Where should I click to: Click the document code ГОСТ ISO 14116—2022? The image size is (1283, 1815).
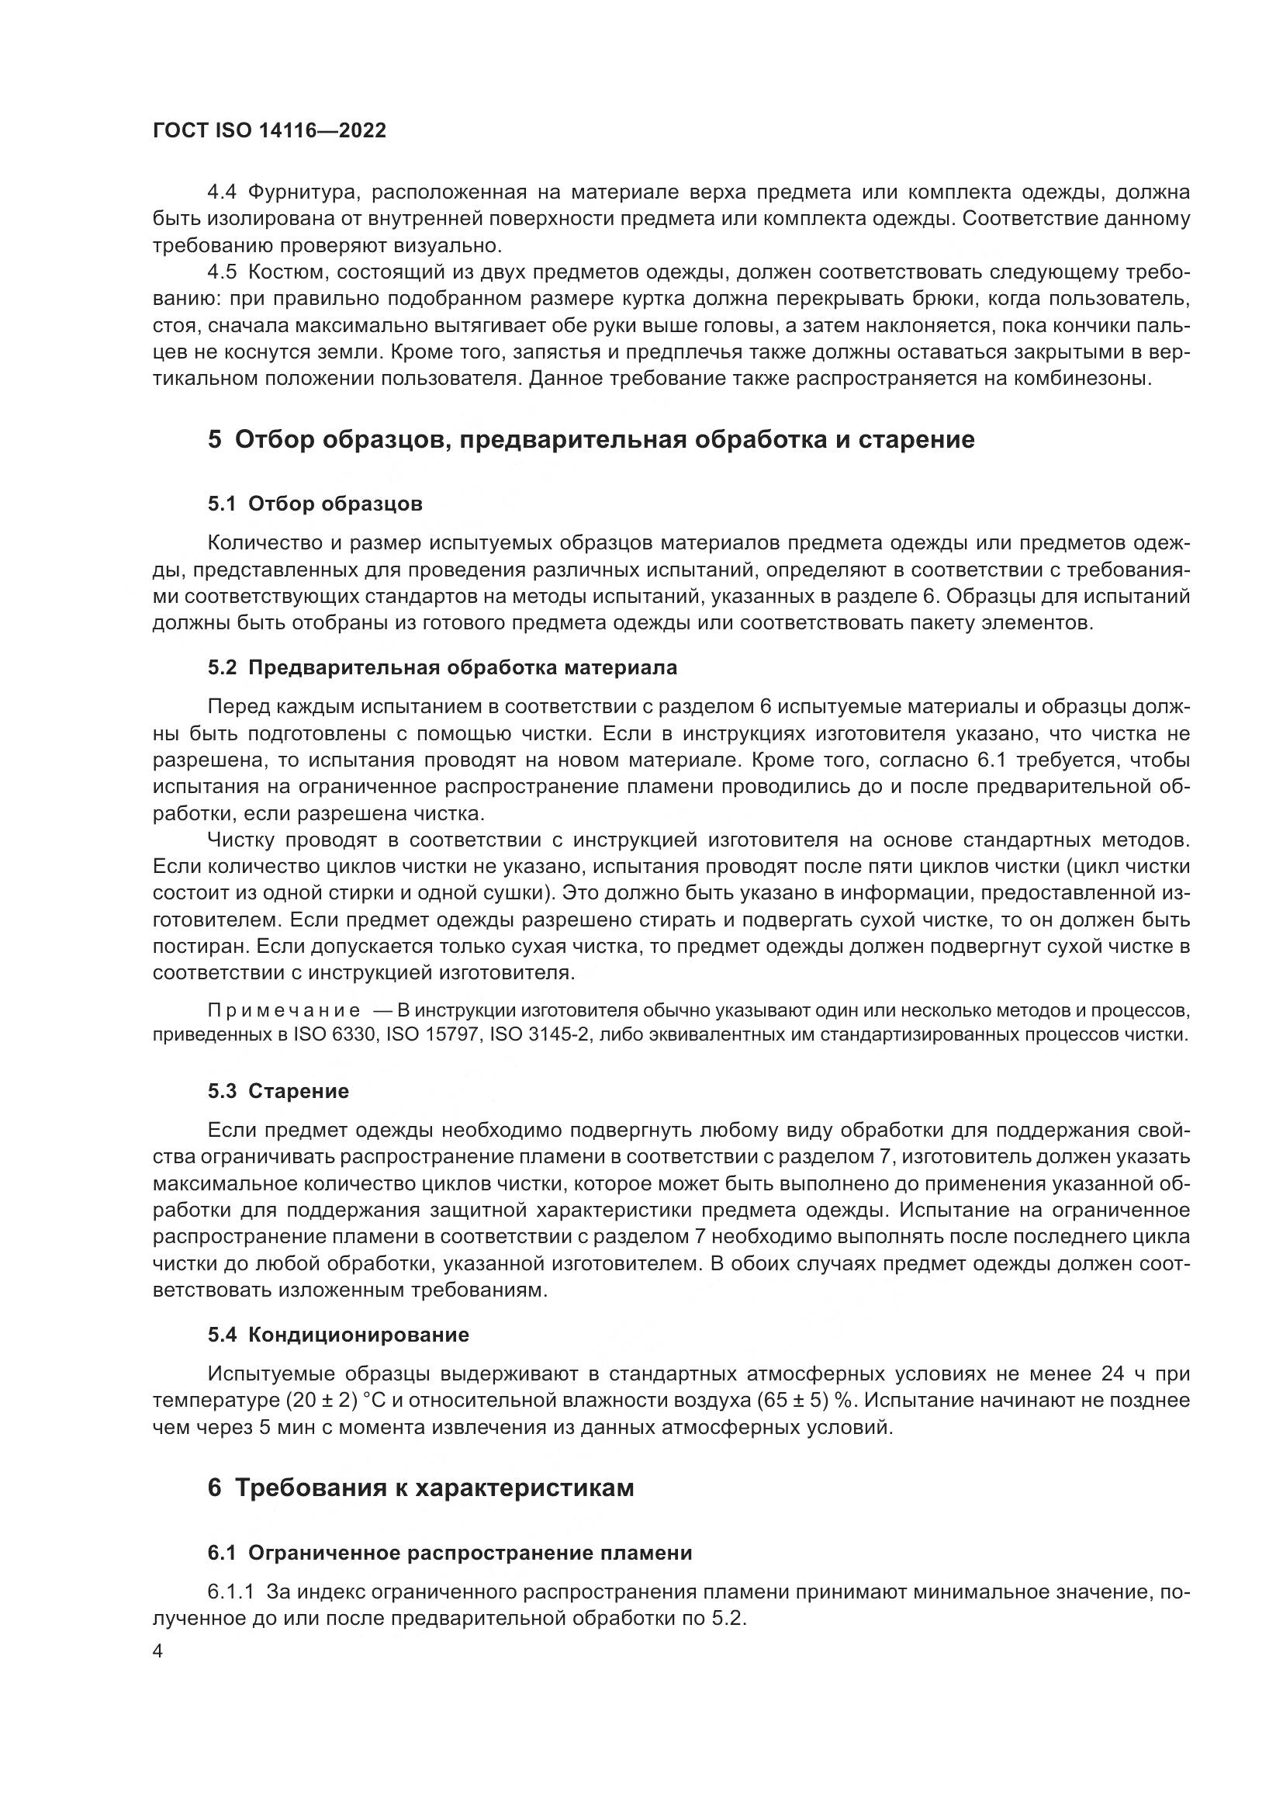pos(269,130)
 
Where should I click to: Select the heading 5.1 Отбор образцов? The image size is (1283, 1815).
pos(315,504)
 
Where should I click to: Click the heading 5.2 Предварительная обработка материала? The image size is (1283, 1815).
pos(442,667)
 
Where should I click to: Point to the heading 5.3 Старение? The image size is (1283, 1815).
pos(278,1091)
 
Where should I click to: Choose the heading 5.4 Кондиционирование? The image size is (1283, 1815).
pos(338,1335)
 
